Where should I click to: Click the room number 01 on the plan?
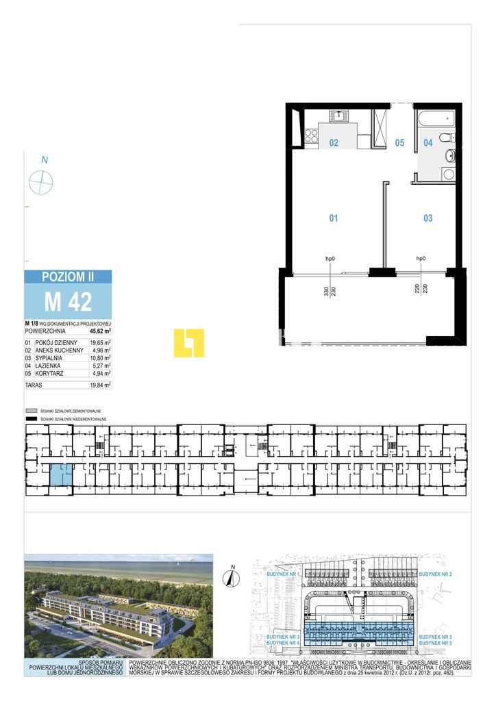[334, 218]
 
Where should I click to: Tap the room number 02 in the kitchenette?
[334, 143]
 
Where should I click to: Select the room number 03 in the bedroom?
[428, 218]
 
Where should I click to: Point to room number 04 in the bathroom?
[428, 143]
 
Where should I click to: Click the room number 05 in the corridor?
[400, 143]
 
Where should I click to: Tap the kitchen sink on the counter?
[338, 116]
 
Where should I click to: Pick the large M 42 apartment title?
[68, 301]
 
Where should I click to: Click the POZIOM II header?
[68, 277]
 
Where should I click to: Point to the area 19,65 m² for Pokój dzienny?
[101, 342]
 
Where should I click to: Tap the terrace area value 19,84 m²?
[101, 385]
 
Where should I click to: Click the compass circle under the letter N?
[41, 182]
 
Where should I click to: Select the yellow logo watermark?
[189, 343]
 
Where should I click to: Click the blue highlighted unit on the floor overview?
[60, 474]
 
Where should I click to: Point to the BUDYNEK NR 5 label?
[435, 644]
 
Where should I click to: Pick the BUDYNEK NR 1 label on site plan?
[283, 575]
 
